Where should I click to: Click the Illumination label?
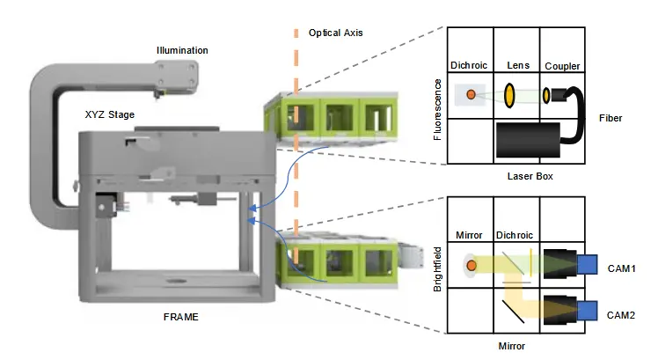point(182,50)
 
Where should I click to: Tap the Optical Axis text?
point(336,33)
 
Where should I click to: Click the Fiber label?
point(610,117)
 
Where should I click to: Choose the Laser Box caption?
point(530,176)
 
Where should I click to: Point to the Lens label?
point(516,65)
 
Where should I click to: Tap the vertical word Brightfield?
point(438,268)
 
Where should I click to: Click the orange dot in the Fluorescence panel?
point(472,94)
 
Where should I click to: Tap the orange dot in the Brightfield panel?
point(472,264)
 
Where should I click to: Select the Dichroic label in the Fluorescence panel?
point(468,65)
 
